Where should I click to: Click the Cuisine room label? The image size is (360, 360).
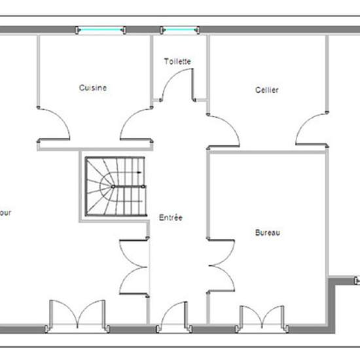93,87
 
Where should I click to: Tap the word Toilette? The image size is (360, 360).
177,62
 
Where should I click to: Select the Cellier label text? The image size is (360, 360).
267,90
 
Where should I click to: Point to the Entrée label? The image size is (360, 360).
171,217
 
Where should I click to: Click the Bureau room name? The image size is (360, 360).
268,232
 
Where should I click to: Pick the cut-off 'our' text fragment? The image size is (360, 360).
5,213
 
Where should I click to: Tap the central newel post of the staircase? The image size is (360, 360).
113,187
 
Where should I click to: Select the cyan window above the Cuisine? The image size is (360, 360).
99,29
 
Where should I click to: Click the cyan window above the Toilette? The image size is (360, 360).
179,29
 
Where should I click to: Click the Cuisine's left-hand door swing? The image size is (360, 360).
54,124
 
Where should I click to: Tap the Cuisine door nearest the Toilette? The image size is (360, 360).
136,124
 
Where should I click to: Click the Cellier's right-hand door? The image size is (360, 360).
312,128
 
